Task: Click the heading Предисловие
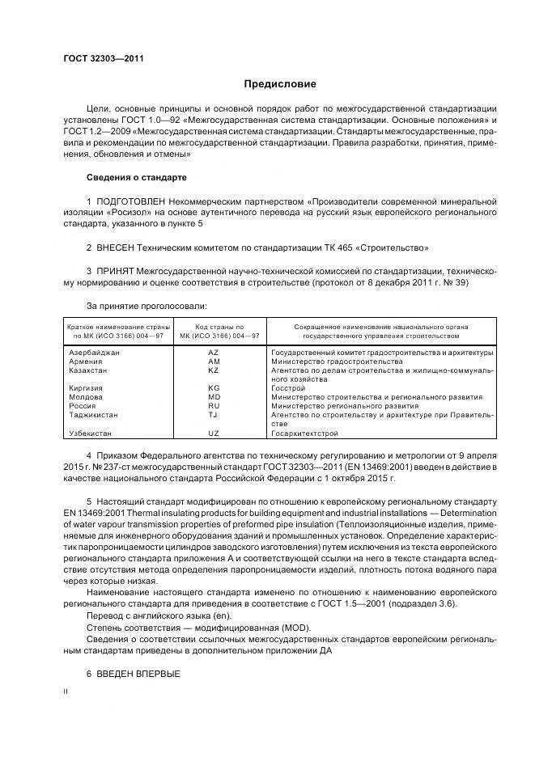click(280, 84)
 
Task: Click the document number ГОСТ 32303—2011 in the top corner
click(98, 58)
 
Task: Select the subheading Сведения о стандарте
click(136, 176)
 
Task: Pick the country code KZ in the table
click(213, 370)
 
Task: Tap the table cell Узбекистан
click(91, 433)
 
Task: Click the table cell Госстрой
click(287, 388)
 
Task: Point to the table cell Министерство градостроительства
click(330, 362)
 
